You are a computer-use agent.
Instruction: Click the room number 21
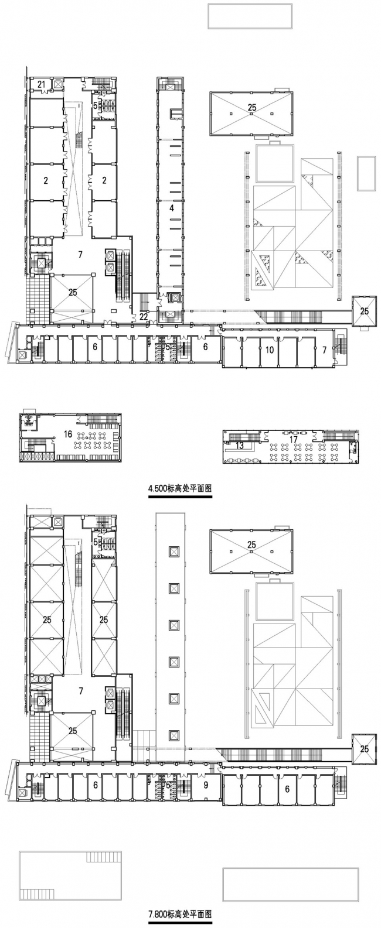[x=41, y=84]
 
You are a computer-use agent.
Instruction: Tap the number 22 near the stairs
[x=144, y=317]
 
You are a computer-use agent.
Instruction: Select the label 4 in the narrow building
[x=172, y=208]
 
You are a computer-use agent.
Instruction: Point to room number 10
[x=270, y=350]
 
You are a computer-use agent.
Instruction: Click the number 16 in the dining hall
[x=68, y=434]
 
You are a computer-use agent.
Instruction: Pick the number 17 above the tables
[x=294, y=440]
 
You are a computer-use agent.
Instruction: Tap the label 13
[x=240, y=446]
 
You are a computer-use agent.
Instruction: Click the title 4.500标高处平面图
[x=181, y=488]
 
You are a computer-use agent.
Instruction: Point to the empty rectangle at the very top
[x=250, y=16]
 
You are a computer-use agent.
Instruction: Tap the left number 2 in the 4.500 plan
[x=46, y=180]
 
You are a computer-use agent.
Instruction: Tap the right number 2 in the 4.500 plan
[x=104, y=180]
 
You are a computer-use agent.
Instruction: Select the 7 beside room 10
[x=325, y=350]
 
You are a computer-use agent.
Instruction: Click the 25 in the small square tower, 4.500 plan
[x=364, y=311]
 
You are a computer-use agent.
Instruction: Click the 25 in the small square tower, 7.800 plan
[x=364, y=749]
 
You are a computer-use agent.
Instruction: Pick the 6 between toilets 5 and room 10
[x=205, y=347]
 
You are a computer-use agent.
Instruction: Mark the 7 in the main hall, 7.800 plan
[x=81, y=691]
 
